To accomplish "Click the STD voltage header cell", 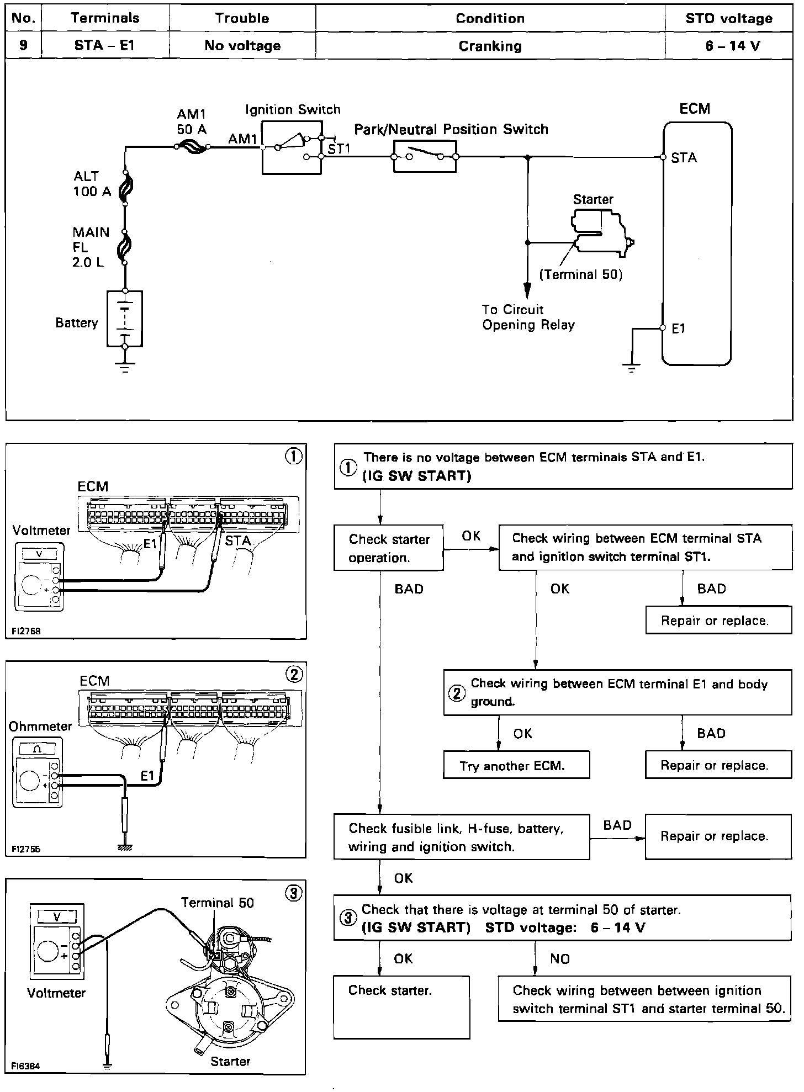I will coord(729,18).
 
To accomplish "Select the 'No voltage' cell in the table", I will coord(242,45).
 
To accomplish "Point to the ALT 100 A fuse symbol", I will coord(125,189).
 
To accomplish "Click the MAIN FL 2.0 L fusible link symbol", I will coord(125,247).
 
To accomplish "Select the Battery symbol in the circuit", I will coord(125,319).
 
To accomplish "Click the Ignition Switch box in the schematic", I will coord(292,148).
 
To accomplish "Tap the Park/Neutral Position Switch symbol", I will coord(425,156).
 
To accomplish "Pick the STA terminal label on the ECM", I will coord(684,158).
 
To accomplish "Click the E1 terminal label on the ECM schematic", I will coord(679,328).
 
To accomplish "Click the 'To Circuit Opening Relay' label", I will coord(528,317).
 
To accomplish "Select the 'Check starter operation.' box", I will coord(389,548).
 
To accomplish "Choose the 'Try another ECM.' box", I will coord(516,765).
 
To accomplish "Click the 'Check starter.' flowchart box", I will coord(401,1006).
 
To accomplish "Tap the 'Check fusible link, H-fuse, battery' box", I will coord(461,837).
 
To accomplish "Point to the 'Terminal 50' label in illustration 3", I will coord(218,903).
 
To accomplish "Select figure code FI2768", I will coord(25,631).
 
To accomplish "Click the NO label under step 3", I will coord(559,959).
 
